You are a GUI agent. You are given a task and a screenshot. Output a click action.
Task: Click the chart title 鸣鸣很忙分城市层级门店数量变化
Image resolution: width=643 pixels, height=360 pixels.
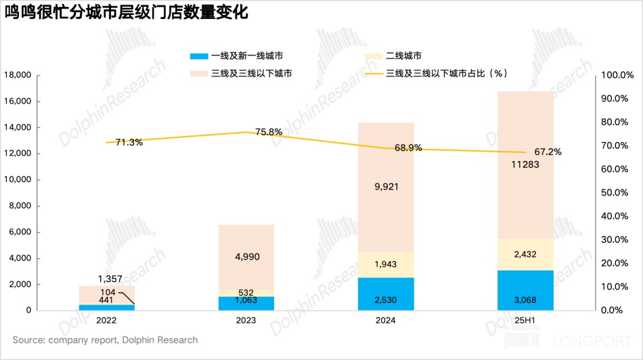click(x=127, y=13)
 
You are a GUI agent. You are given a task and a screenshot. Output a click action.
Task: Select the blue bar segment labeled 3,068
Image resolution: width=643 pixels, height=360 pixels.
click(x=525, y=290)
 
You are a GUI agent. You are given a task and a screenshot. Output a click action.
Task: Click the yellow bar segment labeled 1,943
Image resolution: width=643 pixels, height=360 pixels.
click(x=386, y=265)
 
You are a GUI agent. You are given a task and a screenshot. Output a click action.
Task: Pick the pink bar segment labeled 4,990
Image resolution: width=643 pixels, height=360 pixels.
click(x=246, y=256)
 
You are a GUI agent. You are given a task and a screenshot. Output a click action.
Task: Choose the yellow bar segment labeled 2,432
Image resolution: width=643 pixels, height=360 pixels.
click(x=525, y=254)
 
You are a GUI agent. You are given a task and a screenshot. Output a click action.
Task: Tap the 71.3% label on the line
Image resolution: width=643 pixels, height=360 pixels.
click(x=129, y=142)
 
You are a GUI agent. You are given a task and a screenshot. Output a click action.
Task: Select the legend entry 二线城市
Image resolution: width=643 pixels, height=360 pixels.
click(x=403, y=55)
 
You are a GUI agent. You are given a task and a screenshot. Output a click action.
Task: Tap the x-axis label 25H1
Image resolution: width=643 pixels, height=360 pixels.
click(x=525, y=320)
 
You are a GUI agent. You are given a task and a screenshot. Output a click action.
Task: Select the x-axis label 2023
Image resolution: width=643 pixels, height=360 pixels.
click(x=246, y=320)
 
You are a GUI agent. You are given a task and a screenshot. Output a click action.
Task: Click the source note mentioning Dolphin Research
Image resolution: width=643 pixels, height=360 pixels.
click(x=105, y=340)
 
